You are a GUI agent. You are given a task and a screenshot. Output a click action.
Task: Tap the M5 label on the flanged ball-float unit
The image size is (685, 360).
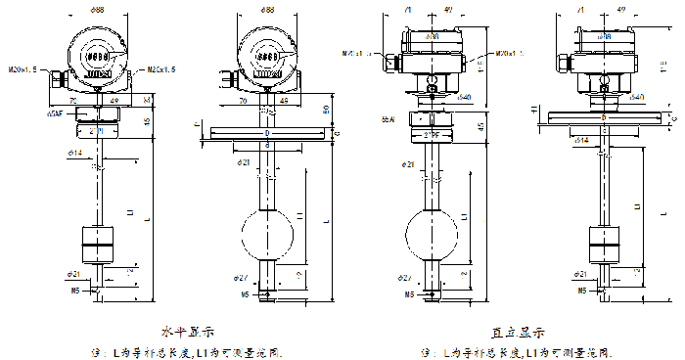pyautogui.click(x=244, y=292)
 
